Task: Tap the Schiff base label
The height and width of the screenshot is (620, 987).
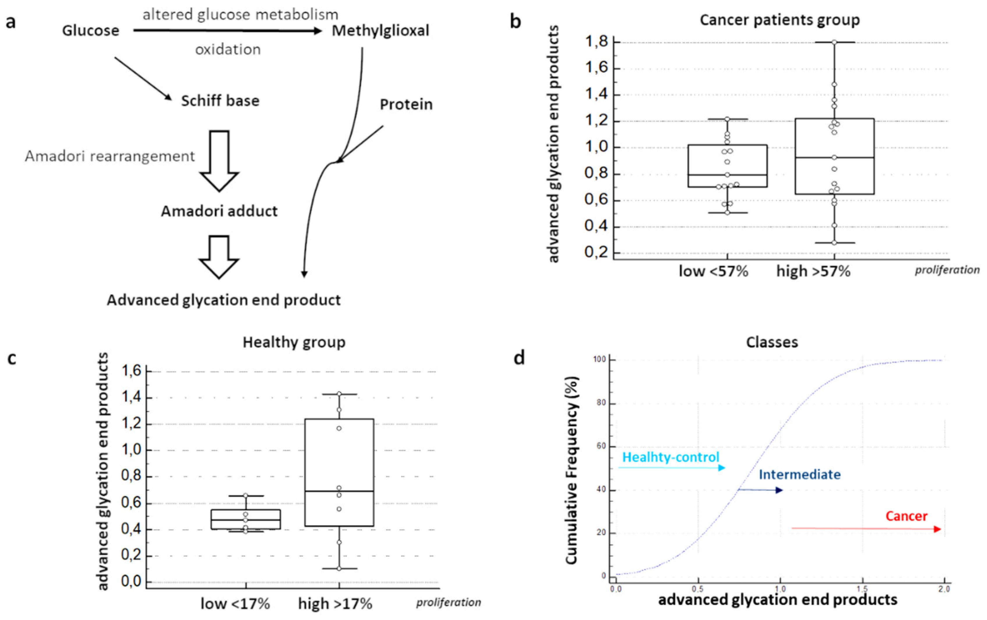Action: (x=220, y=101)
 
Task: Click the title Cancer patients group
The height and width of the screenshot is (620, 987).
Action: (x=779, y=20)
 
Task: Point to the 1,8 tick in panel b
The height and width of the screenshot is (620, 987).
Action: (x=596, y=42)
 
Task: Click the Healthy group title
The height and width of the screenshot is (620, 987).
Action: (x=294, y=342)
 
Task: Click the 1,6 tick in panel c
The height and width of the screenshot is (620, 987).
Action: (x=131, y=371)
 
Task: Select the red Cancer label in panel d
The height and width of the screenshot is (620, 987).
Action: (x=906, y=516)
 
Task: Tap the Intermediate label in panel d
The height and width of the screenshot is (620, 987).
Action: (x=799, y=474)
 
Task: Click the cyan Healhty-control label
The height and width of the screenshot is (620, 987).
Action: (x=671, y=457)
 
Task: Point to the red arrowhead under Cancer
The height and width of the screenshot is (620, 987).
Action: (x=937, y=529)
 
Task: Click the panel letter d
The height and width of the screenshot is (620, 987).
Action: (x=519, y=358)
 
